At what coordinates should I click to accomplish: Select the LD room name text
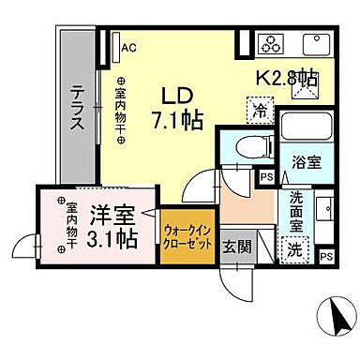tap(179, 97)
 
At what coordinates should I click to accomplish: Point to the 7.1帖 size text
tap(179, 120)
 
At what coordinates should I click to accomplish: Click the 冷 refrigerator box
tap(262, 109)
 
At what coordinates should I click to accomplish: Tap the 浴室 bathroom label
tap(305, 160)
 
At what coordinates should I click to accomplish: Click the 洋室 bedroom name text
tap(111, 215)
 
